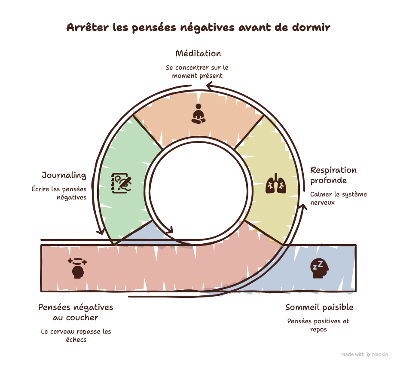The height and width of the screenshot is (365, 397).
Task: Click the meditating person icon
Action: tap(198, 114)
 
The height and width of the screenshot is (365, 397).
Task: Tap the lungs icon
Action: tap(276, 184)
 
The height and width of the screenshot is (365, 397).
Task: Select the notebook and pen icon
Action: tap(121, 183)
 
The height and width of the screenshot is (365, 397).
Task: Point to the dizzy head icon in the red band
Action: tap(77, 268)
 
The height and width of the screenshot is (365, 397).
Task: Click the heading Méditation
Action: tap(198, 53)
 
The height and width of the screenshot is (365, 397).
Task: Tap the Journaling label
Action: tap(64, 175)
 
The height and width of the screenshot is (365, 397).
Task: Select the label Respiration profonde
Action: tap(333, 175)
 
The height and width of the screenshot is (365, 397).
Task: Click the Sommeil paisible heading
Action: tap(319, 307)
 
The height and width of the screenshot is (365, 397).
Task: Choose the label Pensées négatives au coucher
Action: tap(76, 312)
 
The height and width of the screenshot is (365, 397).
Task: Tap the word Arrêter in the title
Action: tap(88, 28)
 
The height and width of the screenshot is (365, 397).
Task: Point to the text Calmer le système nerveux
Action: tap(339, 198)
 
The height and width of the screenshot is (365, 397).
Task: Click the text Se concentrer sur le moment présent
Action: tap(197, 72)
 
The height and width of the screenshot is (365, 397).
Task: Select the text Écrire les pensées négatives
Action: tap(59, 193)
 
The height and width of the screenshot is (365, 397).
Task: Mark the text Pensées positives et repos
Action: tap(318, 325)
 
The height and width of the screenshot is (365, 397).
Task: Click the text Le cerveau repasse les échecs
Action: tap(76, 335)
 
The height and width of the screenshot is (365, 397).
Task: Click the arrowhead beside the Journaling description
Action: tap(101, 231)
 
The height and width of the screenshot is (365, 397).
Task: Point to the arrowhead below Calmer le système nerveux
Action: tap(302, 207)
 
